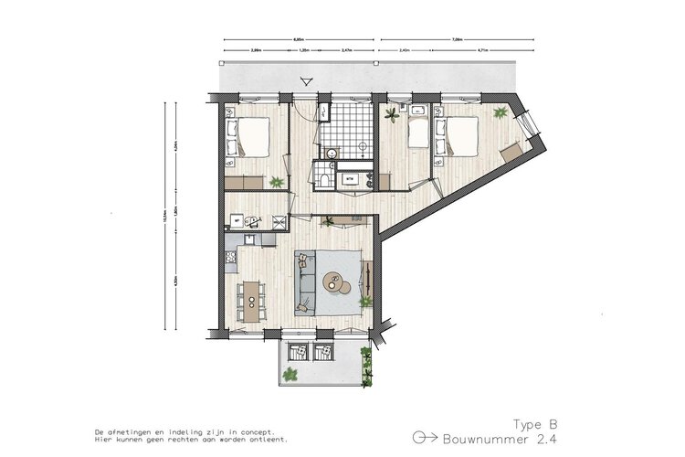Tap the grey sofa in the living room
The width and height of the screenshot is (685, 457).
pos(306,279)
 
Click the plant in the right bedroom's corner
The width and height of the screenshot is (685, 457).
pos(500,112)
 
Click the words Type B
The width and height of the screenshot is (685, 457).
pos(534,424)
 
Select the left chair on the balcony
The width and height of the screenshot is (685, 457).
pos(295,351)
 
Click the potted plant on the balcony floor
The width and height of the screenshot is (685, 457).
pos(291,373)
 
